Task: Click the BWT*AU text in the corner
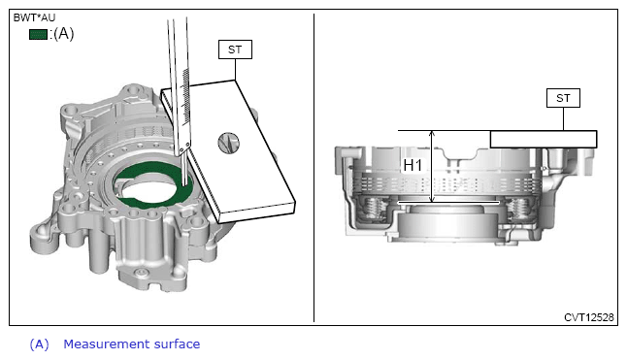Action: click(34, 17)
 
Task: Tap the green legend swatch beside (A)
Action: click(39, 34)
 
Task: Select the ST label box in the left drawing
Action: click(235, 49)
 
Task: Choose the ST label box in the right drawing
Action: click(563, 98)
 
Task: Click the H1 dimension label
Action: click(412, 165)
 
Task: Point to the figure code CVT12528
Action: click(588, 317)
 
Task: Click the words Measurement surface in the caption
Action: click(132, 344)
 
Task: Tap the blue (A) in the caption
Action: click(39, 344)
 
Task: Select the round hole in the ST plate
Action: click(228, 143)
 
